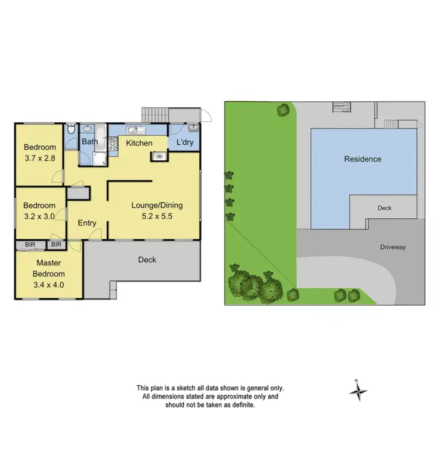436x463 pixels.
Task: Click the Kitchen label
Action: click(139, 143)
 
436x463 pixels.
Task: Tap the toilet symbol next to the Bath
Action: click(71, 130)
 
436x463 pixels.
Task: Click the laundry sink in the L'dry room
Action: click(192, 128)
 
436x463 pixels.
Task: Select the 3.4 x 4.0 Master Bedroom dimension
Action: click(49, 285)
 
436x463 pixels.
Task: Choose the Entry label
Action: click(87, 223)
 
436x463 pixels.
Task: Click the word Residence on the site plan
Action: click(363, 159)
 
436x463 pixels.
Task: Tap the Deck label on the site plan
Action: click(384, 208)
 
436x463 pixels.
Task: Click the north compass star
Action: click(358, 392)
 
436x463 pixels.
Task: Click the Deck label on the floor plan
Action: click(147, 260)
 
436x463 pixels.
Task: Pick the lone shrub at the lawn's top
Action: click(282, 110)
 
